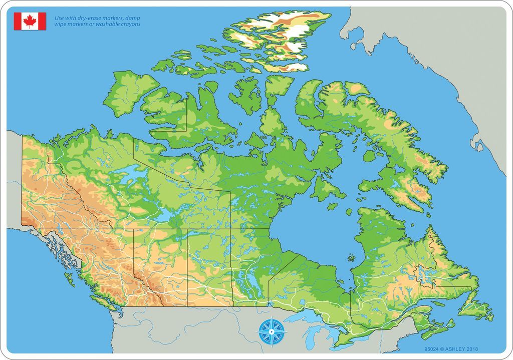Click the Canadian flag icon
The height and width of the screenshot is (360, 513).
30,21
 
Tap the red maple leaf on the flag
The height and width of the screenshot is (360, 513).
30,21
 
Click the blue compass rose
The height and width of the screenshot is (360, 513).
272,331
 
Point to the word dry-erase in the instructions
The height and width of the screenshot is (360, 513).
82,18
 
